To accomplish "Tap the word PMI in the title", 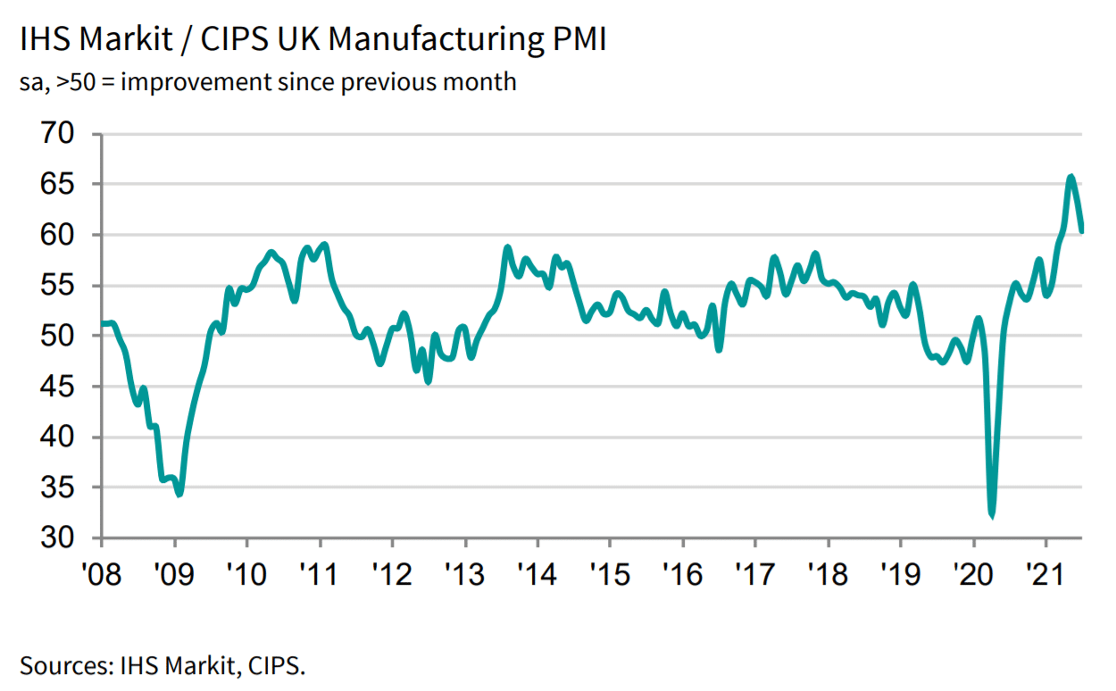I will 575,41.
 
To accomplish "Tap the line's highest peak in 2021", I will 1070,177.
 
